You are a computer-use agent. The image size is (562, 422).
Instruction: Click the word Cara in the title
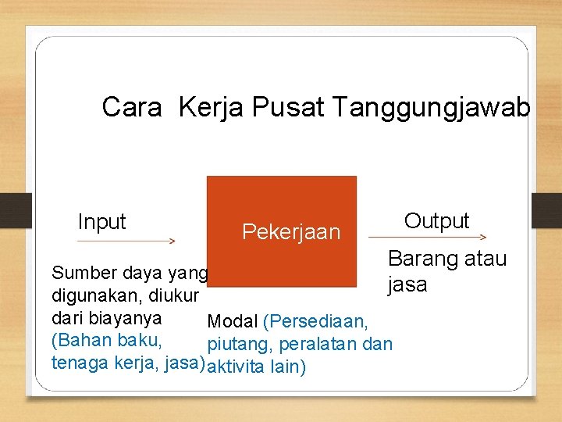[131, 107]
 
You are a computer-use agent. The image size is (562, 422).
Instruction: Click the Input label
[101, 222]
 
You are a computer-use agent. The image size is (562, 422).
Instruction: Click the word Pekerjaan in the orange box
[291, 232]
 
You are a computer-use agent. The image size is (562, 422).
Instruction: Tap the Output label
[436, 220]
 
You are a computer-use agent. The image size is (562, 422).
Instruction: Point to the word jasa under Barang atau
[407, 284]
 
